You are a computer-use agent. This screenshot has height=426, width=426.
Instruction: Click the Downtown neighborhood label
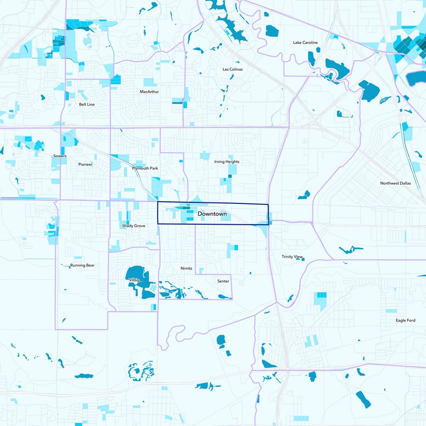tap(212, 214)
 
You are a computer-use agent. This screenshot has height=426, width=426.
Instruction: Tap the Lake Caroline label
tap(305, 43)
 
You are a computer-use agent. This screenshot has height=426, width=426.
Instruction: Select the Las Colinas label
tap(232, 69)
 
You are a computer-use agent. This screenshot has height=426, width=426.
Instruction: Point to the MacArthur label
tap(149, 92)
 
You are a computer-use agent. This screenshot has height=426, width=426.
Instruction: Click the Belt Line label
tap(87, 104)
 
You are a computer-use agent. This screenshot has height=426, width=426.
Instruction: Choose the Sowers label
tap(60, 156)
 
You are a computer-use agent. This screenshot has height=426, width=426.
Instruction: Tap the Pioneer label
tap(85, 165)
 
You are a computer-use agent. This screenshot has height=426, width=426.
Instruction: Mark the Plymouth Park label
tap(145, 168)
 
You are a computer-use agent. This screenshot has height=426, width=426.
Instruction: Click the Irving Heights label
tap(227, 161)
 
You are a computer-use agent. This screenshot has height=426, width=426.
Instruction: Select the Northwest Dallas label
tap(396, 183)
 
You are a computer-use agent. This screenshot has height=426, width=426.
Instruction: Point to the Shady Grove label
tap(133, 226)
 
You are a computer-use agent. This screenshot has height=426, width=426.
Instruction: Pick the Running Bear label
tap(82, 265)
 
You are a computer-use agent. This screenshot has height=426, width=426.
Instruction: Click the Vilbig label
tap(133, 279)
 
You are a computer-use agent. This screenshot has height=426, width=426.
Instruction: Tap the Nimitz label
tap(186, 268)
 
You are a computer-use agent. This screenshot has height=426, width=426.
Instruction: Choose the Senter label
tap(223, 281)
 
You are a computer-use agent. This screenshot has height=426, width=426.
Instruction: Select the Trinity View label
tap(292, 257)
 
